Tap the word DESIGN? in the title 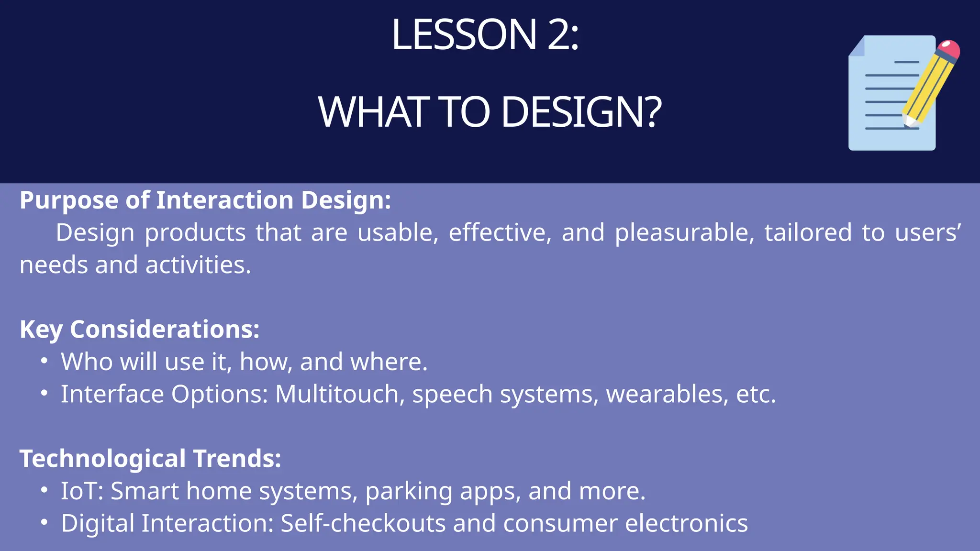point(581,112)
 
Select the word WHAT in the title point(373,112)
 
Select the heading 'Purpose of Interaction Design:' point(205,200)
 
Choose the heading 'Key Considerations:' point(139,330)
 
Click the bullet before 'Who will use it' point(44,361)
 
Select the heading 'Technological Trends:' point(150,459)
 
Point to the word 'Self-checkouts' point(363,523)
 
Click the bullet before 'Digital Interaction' point(44,522)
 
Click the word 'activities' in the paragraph point(198,265)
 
